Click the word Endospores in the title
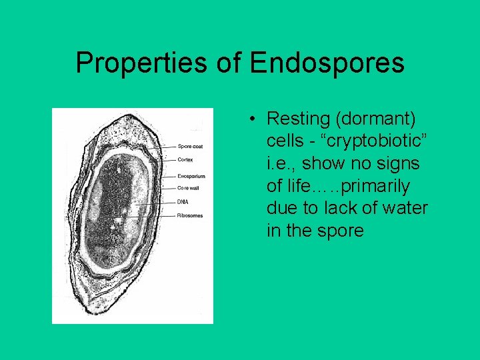click(x=327, y=63)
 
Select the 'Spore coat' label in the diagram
click(x=191, y=146)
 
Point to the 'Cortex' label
click(x=185, y=159)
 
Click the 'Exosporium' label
click(x=191, y=176)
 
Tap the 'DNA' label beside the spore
click(x=183, y=202)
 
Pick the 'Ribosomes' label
click(x=190, y=215)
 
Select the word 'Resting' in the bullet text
click(x=298, y=119)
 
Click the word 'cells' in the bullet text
click(x=285, y=142)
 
